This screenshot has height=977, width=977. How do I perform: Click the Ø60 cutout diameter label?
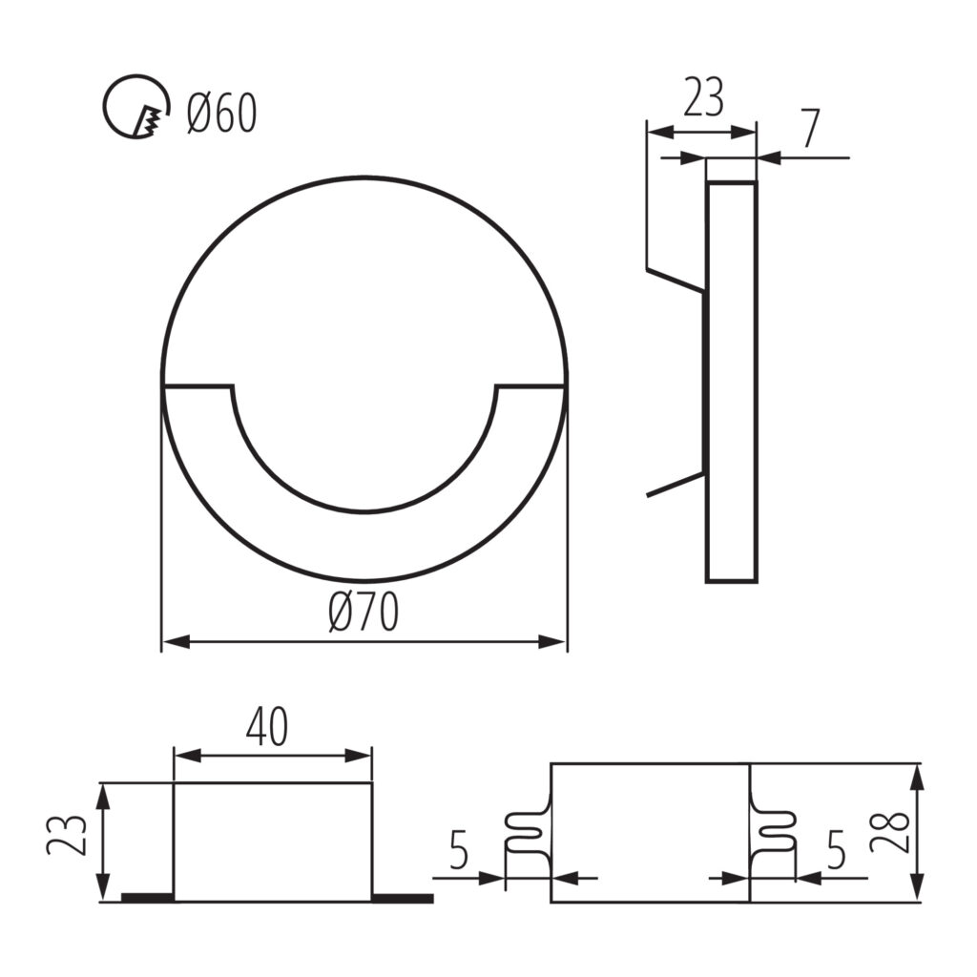pyautogui.click(x=221, y=114)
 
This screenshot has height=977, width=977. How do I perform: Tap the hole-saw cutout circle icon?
pyautogui.click(x=135, y=107)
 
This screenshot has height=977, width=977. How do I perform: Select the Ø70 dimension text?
pyautogui.click(x=364, y=612)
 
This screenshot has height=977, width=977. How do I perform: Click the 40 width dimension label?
pyautogui.click(x=267, y=727)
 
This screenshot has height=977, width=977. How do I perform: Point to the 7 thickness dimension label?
pyautogui.click(x=811, y=129)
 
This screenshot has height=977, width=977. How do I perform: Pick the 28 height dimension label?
pyautogui.click(x=891, y=832)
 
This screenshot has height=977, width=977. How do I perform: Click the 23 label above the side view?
pyautogui.click(x=703, y=97)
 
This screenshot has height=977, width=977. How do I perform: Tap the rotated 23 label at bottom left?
pyautogui.click(x=67, y=835)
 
